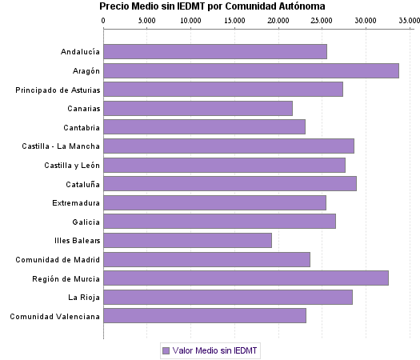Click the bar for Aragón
coord(251,71)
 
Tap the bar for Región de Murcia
coord(246,278)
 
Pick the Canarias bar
coord(198,109)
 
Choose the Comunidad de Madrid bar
coord(207,259)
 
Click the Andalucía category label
coord(80,53)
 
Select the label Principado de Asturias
coord(58,90)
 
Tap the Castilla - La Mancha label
coord(62,146)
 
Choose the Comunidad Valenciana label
coord(55,316)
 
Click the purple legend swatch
coord(166,350)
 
